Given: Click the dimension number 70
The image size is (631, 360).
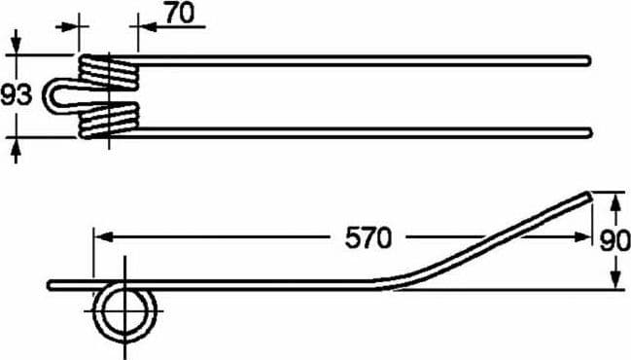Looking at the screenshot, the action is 180,14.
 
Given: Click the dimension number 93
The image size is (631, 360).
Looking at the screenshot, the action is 17,95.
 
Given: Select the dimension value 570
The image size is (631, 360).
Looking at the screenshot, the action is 368,237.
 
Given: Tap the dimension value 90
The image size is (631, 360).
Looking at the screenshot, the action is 614,241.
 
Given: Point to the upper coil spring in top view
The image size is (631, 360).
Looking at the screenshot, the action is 109,71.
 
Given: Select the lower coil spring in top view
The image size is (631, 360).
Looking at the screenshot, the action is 109,120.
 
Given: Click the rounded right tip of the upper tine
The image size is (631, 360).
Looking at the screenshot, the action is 589,60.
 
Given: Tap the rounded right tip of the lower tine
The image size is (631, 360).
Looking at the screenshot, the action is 590,133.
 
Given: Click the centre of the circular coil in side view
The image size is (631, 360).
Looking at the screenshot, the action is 125,311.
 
